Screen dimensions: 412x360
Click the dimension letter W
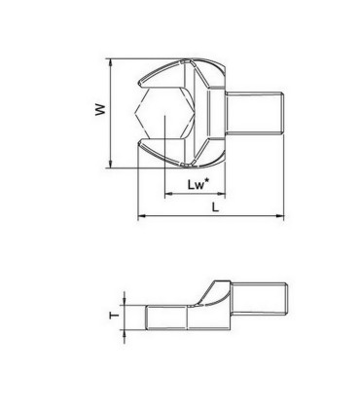(x=97, y=111)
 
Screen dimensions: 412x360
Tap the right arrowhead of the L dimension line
(x=282, y=215)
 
